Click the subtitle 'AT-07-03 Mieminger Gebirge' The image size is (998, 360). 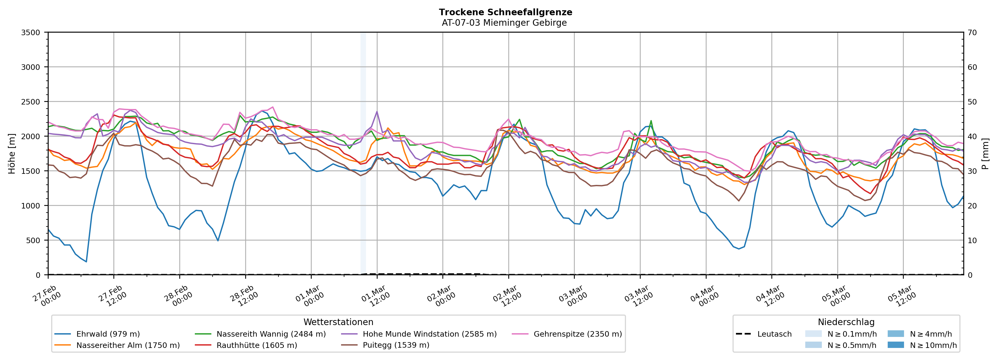tap(504, 23)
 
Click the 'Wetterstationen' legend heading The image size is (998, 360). tap(338, 322)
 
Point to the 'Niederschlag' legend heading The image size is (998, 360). tap(846, 322)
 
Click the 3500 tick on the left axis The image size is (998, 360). tap(31, 33)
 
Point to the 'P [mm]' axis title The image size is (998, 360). tap(986, 154)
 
